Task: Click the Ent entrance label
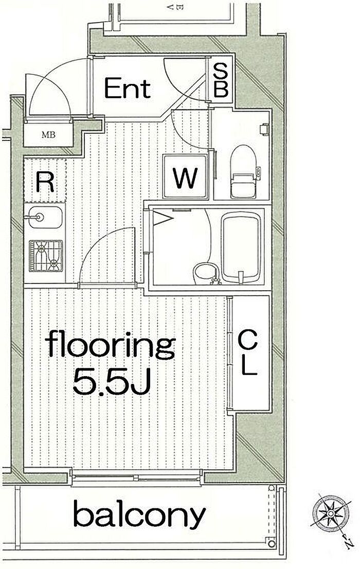(127, 88)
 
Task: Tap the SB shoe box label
(220, 80)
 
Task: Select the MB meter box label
(48, 135)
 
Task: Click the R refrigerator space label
(45, 182)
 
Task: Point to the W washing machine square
(186, 177)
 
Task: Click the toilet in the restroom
(243, 171)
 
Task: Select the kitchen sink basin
(45, 218)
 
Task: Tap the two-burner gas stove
(46, 256)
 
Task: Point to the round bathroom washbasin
(206, 274)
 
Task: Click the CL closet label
(248, 353)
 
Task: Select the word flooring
(111, 345)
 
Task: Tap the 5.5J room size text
(112, 382)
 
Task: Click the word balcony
(139, 514)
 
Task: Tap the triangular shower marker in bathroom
(163, 219)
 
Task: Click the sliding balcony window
(136, 477)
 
